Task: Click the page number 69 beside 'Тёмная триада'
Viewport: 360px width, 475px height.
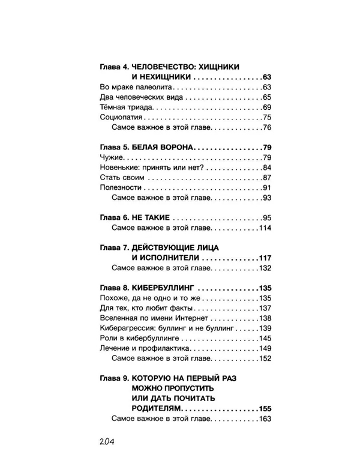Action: point(268,107)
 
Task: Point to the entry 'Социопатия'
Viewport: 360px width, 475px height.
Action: point(118,117)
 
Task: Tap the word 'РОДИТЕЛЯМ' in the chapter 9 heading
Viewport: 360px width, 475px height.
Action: point(158,409)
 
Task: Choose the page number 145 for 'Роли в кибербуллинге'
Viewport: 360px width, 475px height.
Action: point(265,338)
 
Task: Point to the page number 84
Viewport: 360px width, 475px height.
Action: point(268,167)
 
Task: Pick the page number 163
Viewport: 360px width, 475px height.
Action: point(265,419)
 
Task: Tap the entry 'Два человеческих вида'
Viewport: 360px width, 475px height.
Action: point(135,97)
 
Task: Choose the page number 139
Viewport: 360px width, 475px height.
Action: point(265,328)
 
